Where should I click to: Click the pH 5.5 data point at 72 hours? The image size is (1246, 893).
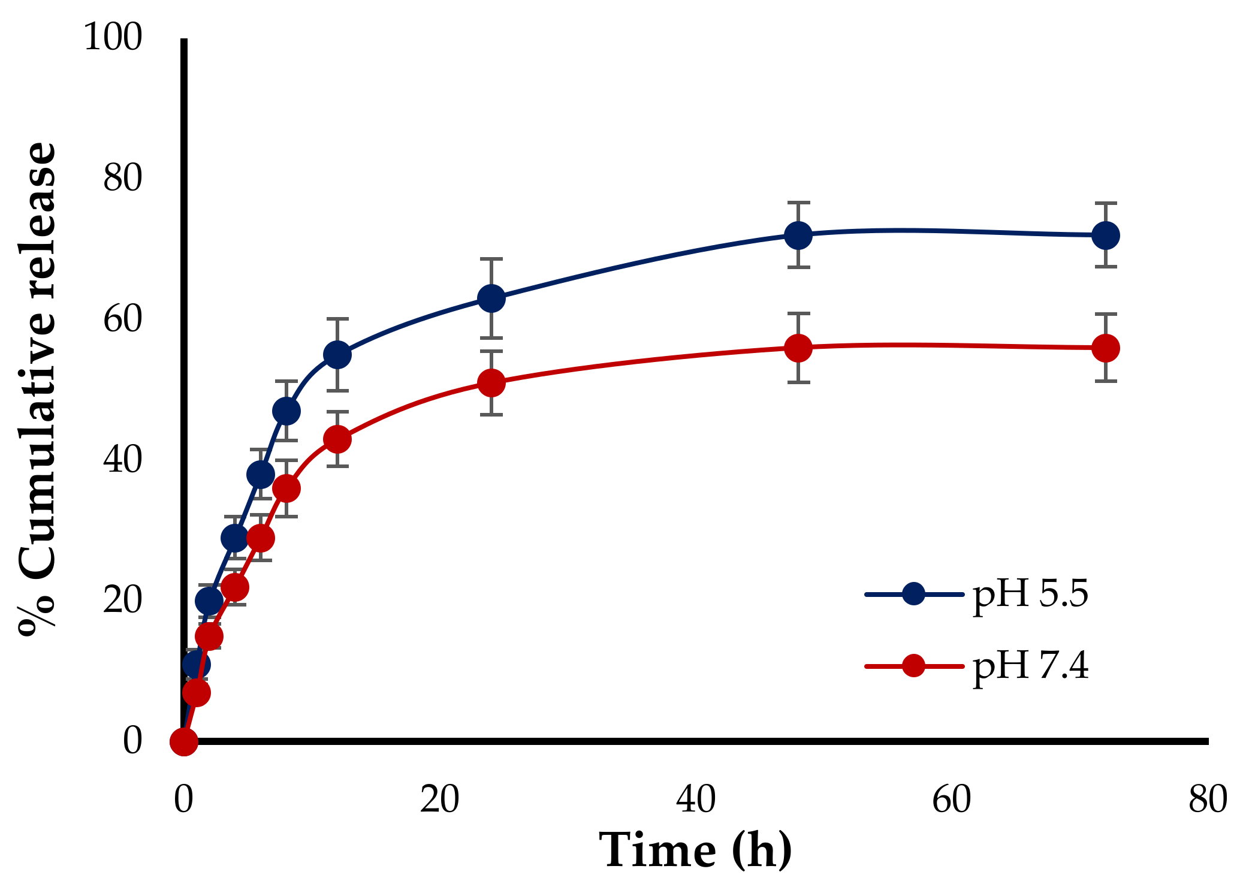coord(1105,235)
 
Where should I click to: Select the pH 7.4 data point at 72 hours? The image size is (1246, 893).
coord(1105,348)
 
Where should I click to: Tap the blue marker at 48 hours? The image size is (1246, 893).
coord(798,235)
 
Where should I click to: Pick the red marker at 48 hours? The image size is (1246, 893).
coord(798,348)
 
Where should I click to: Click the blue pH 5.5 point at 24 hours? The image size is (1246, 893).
coord(491,298)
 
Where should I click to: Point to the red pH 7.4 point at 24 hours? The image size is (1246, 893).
coord(491,382)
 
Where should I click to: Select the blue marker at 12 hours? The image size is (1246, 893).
coord(337,355)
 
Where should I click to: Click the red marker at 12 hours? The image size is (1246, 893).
coord(337,439)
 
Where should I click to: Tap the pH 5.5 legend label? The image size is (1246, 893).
coord(1030,594)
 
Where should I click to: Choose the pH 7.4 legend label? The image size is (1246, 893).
coord(1030,665)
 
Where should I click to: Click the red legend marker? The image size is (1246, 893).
coord(913,665)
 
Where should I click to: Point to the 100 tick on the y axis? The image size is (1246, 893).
coord(113,37)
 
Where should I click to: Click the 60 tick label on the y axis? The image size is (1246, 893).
coord(123,319)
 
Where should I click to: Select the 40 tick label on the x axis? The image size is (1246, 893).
coord(695,799)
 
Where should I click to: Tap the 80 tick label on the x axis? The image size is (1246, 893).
coord(1207,799)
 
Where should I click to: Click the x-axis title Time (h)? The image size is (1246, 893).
coord(695,850)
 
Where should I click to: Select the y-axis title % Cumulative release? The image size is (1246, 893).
coord(37,390)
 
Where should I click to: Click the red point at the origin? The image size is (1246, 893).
coord(184,741)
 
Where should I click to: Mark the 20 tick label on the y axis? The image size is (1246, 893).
coord(123,599)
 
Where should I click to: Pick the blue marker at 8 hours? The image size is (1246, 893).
coord(286,411)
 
